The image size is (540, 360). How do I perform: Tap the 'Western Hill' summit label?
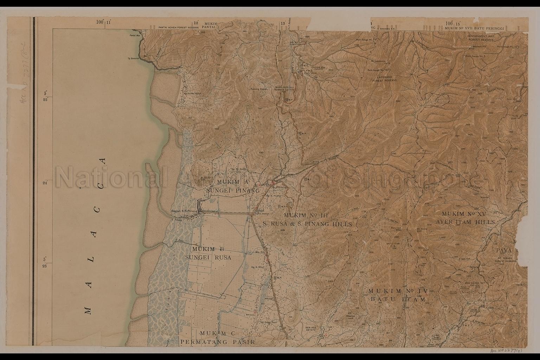tap(478, 46)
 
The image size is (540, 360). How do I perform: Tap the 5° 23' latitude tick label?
tap(45, 263)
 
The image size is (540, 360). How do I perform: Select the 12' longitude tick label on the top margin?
tap(196, 23)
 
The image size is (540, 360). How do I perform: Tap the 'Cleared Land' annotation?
tap(360, 316)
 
